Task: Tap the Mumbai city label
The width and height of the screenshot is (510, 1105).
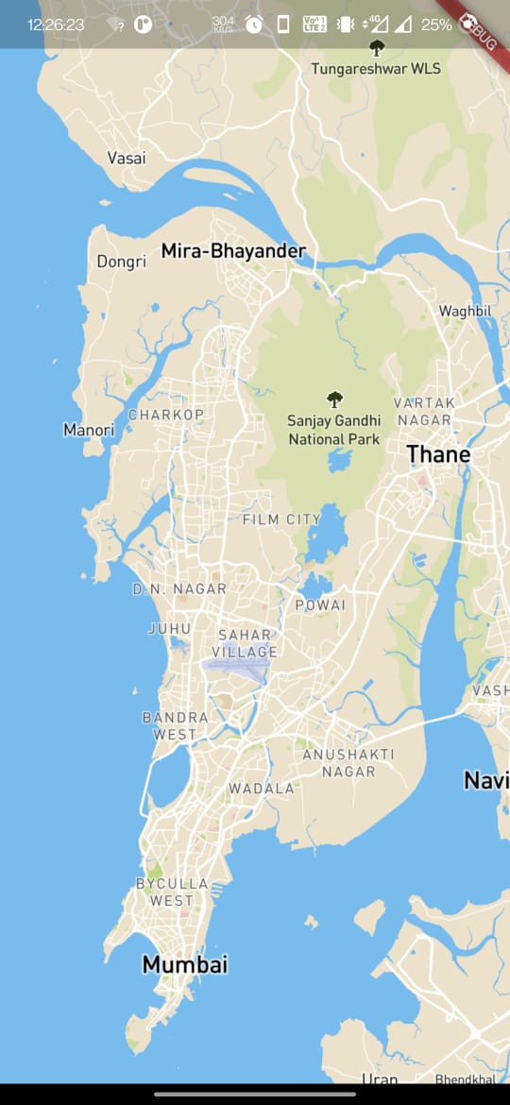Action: pyautogui.click(x=185, y=964)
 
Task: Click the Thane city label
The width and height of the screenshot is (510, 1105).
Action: pyautogui.click(x=438, y=454)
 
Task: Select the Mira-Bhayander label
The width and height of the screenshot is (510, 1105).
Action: pyautogui.click(x=233, y=251)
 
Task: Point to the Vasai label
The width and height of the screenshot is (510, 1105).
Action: pyautogui.click(x=127, y=158)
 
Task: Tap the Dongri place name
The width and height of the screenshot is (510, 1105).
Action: pyautogui.click(x=122, y=261)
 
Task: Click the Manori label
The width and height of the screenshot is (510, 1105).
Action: pyautogui.click(x=89, y=430)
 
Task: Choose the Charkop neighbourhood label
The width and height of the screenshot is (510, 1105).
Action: pyautogui.click(x=166, y=415)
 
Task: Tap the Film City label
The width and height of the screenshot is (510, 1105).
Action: pyautogui.click(x=281, y=519)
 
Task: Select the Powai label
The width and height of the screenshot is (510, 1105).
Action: pyautogui.click(x=320, y=604)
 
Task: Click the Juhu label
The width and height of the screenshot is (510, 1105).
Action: pyautogui.click(x=170, y=628)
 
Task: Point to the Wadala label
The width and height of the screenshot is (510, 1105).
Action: pyautogui.click(x=262, y=788)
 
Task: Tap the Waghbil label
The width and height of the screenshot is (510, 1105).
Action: pyautogui.click(x=467, y=311)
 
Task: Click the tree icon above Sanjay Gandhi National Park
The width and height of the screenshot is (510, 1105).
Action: pyautogui.click(x=333, y=399)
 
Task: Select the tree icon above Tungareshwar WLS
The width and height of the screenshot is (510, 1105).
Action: pyautogui.click(x=377, y=47)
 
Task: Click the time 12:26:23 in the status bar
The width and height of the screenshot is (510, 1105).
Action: pyautogui.click(x=56, y=25)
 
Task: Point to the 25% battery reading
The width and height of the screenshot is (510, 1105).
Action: pyautogui.click(x=436, y=25)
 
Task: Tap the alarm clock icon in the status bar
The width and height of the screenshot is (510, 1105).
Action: pyautogui.click(x=254, y=25)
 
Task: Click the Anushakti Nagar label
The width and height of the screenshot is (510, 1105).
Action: pyautogui.click(x=348, y=762)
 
